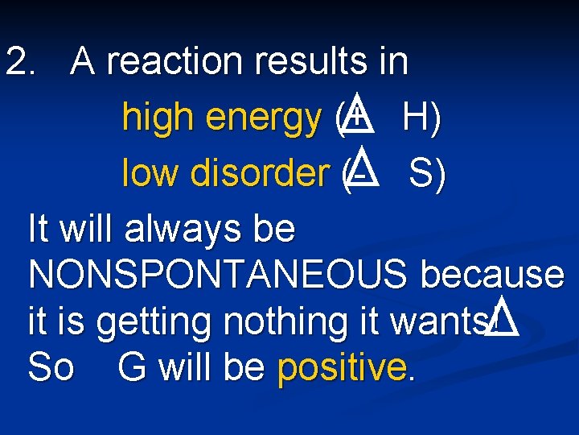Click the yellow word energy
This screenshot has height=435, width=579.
pos(263,119)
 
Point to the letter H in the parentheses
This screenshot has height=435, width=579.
pos(417,118)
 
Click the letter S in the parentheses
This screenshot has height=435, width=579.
pos(421,173)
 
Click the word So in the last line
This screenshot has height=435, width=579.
pos(50,368)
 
